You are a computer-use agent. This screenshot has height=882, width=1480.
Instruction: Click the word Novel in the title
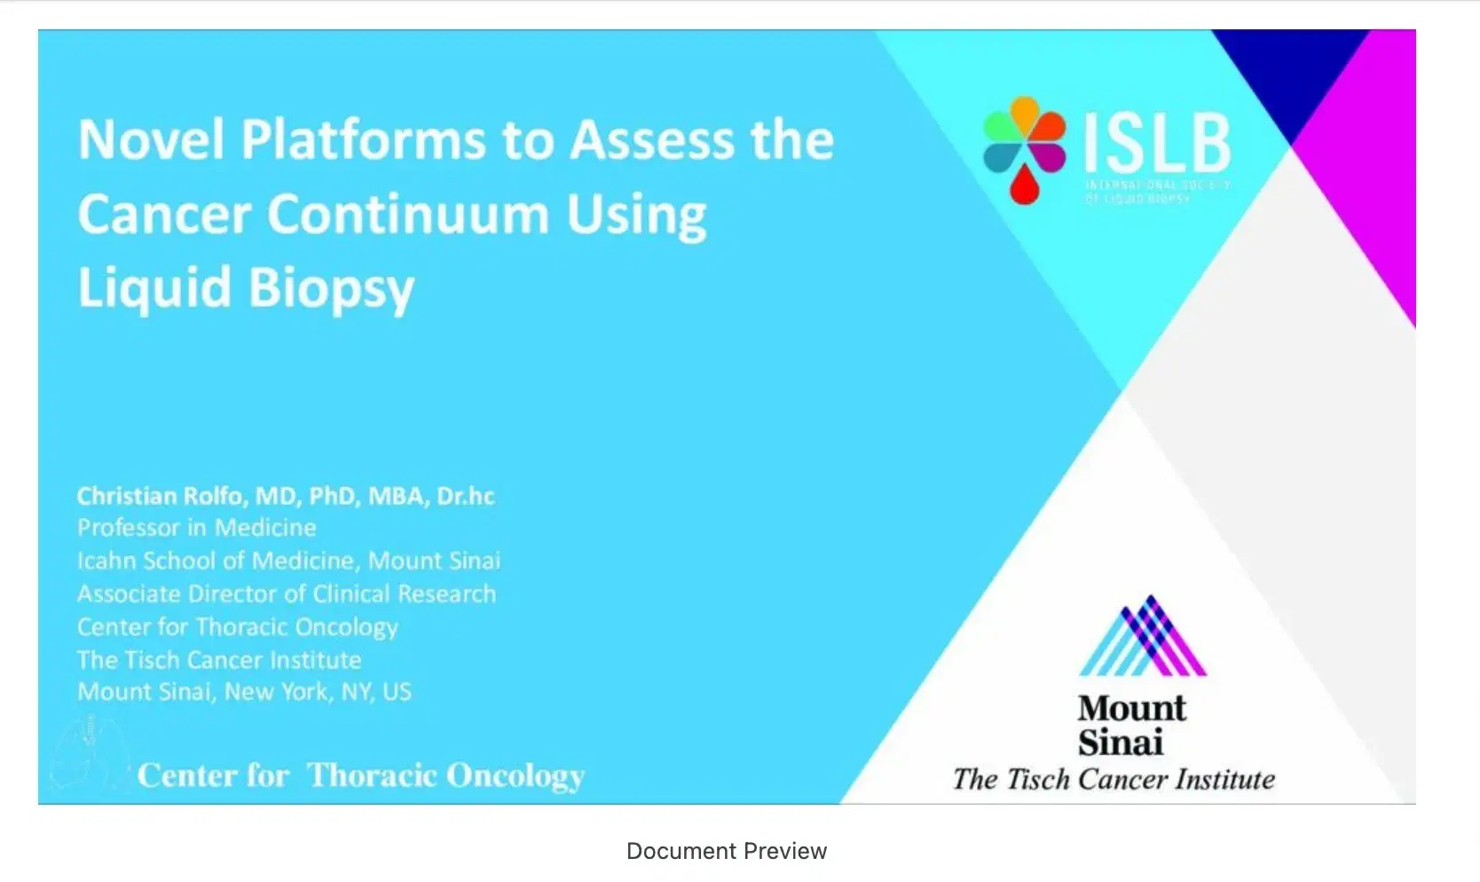point(151,140)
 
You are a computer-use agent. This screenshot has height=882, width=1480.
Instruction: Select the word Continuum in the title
point(408,215)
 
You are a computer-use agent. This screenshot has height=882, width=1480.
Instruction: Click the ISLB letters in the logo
point(1157,144)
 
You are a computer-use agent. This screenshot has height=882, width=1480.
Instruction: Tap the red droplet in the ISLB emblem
point(1024,185)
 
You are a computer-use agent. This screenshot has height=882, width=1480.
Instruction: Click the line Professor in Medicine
point(196,528)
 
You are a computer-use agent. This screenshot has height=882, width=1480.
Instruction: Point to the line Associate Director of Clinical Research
point(286,594)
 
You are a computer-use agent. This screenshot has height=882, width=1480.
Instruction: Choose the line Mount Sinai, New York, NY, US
point(244,692)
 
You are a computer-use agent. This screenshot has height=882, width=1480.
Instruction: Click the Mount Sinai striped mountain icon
point(1143,636)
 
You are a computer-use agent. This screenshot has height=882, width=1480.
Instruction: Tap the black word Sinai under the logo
point(1120,743)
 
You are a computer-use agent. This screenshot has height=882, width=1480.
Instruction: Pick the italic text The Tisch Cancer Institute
point(1114,779)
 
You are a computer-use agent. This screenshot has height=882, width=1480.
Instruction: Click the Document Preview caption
point(726,851)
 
